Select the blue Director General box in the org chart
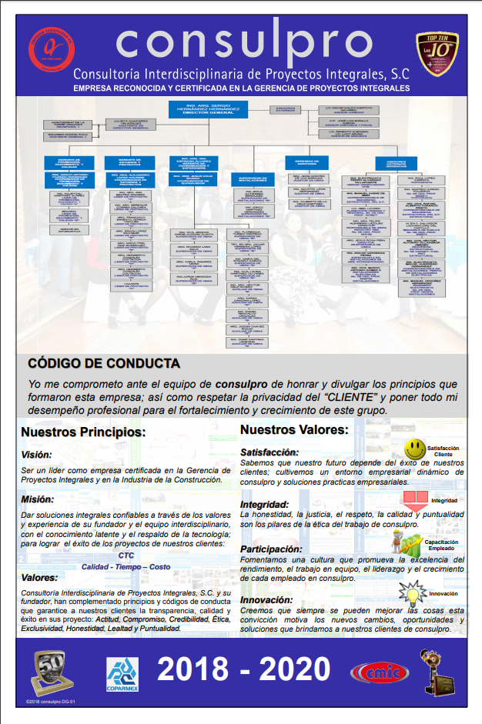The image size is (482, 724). point(208,109)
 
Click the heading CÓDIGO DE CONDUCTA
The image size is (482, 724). point(104,363)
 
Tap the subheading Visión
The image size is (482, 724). point(37,455)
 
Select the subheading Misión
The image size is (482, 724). point(37,499)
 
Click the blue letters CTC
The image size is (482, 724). point(126,555)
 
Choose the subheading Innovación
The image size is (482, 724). point(266,599)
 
